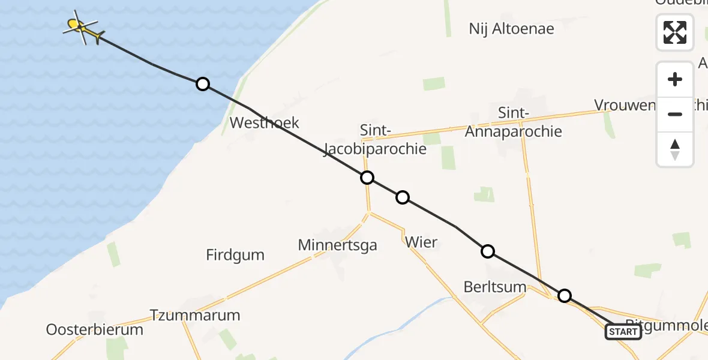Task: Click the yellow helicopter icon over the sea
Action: coord(82,28)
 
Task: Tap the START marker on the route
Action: coord(623,331)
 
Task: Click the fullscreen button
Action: coord(675,32)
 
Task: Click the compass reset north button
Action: coord(675,149)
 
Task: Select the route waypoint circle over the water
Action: coord(203,84)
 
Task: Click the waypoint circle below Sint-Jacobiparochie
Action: coord(367,178)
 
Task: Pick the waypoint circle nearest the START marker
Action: coord(565,295)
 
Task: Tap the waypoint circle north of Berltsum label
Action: coord(488,251)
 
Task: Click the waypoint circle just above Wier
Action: coord(403,197)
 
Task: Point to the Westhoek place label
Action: coord(265,124)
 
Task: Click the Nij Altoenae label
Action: coord(511,29)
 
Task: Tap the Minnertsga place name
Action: coord(337,245)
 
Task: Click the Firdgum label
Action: coord(235,255)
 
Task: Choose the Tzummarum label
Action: coord(195,315)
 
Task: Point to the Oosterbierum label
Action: coord(95,329)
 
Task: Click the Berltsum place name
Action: coord(495,287)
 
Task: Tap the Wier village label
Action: coord(421,243)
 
